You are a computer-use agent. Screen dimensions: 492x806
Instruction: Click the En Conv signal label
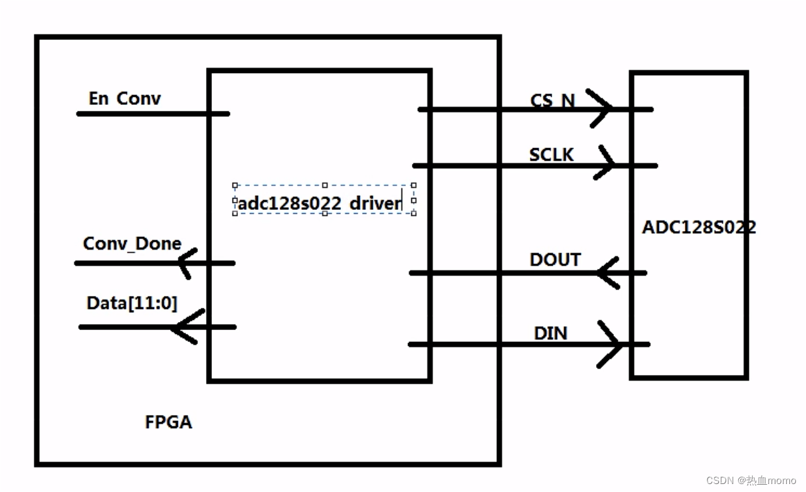pos(124,99)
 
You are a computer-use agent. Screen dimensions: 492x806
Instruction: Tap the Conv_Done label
pos(132,244)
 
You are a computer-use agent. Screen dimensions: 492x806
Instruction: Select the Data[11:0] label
pos(132,303)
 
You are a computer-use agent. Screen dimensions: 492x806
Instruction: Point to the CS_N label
pos(552,101)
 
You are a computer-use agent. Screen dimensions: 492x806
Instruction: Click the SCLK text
pos(551,155)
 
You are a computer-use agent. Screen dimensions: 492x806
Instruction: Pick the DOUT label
pos(555,260)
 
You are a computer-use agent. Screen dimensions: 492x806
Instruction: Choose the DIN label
pos(550,333)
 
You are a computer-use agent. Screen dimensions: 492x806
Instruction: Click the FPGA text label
pos(168,422)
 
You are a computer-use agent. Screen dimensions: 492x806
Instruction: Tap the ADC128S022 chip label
pos(698,227)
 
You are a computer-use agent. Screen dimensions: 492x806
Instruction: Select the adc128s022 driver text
pos(320,203)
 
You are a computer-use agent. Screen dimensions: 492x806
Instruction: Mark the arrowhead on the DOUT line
pos(607,273)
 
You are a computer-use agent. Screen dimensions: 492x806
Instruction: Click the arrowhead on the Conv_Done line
pos(187,263)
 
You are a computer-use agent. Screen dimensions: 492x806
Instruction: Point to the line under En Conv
pos(153,114)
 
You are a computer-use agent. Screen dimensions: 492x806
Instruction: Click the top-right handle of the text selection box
pos(413,185)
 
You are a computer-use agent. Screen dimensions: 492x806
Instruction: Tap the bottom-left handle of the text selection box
pos(235,213)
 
